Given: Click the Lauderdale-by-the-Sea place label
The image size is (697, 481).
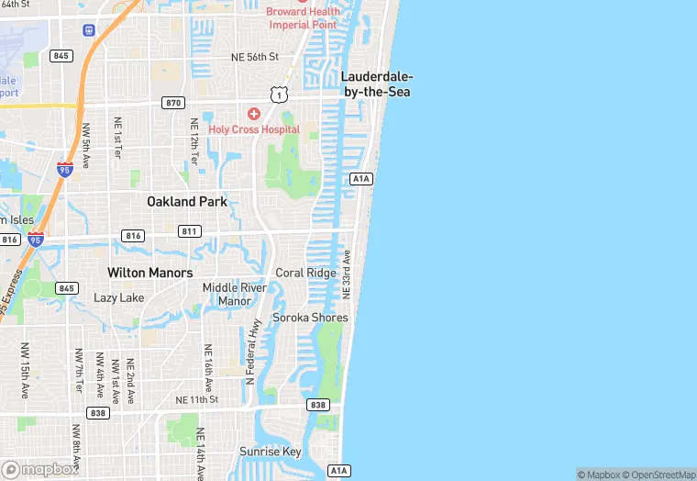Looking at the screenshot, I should point(375,84).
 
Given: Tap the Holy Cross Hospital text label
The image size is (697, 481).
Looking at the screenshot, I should point(254,129).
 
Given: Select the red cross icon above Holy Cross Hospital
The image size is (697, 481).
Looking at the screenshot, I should point(253,114).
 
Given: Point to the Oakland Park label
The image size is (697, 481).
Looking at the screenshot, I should point(186,201).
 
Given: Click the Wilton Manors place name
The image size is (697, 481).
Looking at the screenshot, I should point(149,273).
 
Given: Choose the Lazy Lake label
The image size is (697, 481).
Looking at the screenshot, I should point(118,298).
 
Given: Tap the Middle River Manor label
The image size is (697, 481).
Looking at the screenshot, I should point(234,294).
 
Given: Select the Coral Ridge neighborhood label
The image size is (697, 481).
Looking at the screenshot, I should point(305,274).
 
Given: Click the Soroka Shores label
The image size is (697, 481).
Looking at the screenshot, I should point(310,318).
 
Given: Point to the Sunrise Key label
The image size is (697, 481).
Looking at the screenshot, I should point(270,452).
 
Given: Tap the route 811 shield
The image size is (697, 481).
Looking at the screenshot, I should point(190,231).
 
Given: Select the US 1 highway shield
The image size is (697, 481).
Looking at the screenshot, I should point(279,95).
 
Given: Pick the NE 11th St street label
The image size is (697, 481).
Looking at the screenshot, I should point(197,400).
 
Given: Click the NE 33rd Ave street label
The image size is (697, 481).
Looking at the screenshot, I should point(347,273).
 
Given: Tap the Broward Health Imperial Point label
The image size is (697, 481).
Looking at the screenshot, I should point(303,17).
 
